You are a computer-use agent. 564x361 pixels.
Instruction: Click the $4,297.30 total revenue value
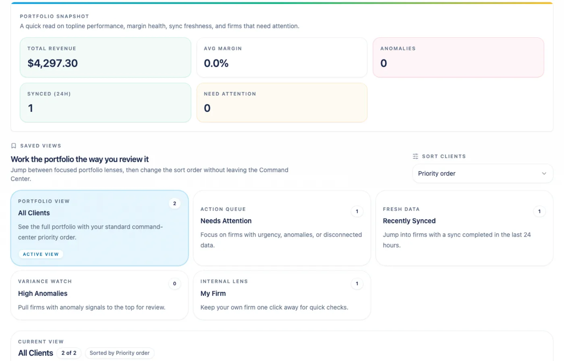point(52,63)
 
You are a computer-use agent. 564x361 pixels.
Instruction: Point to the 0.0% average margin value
point(216,63)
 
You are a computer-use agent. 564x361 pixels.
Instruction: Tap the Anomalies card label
point(398,49)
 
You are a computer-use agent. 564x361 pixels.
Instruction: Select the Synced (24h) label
point(49,94)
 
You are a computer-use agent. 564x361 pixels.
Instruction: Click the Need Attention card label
point(230,94)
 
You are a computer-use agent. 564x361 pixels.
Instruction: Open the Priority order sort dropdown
point(482,173)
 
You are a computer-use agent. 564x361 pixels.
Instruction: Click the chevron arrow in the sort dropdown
point(544,173)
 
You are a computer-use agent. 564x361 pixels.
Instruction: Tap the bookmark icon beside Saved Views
point(14,146)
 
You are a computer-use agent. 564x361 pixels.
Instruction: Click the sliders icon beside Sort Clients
point(415,156)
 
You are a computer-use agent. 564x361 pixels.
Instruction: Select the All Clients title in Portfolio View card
point(34,213)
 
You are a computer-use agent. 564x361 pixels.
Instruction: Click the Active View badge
point(41,254)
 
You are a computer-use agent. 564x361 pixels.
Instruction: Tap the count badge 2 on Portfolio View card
point(174,204)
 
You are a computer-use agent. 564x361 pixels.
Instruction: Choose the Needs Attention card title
point(226,221)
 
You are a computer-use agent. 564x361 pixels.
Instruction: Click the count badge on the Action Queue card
point(357,211)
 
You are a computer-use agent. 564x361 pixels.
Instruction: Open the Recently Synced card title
point(409,221)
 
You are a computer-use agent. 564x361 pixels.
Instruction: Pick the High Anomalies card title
point(43,293)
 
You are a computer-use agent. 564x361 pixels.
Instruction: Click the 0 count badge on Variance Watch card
point(174,284)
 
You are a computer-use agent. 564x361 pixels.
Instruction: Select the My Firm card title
point(213,293)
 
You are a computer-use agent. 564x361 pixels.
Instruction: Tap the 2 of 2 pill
point(69,353)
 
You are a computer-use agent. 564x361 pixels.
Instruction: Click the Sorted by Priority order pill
point(119,353)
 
